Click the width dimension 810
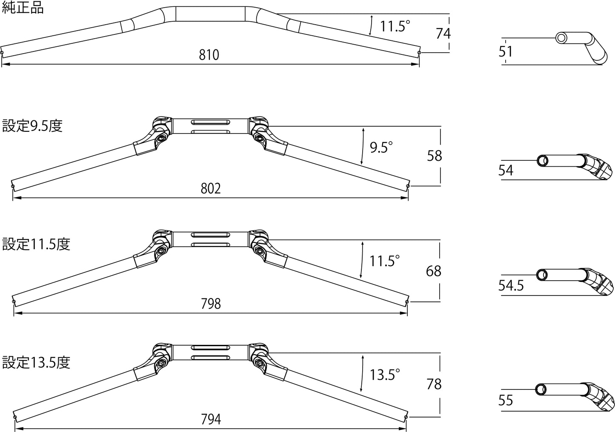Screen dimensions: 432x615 209,55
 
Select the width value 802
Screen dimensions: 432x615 211,188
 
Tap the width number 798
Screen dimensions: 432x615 211,304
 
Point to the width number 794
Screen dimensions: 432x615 211,419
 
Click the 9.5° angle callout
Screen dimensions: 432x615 381,148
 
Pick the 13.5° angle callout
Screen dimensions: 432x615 385,375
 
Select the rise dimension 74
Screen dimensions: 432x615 443,33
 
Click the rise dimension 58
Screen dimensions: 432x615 435,156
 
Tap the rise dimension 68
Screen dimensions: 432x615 434,271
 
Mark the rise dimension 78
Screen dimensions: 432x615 434,384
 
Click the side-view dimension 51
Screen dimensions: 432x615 506,52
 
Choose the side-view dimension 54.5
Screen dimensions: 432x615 511,285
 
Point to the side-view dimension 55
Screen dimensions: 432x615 506,401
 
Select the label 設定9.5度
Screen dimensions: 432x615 32,126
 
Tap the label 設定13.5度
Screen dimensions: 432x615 36,362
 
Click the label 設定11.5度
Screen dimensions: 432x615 36,244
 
